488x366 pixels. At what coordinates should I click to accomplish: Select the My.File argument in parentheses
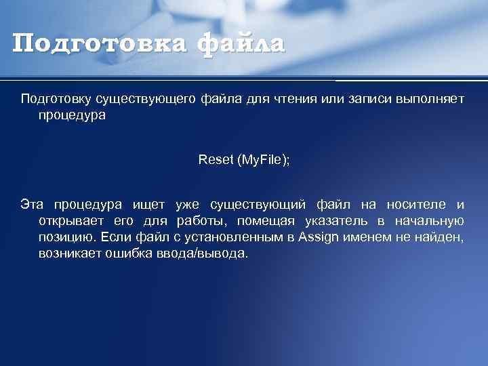pyautogui.click(x=261, y=160)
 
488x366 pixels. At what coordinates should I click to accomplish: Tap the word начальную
pyautogui.click(x=431, y=221)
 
